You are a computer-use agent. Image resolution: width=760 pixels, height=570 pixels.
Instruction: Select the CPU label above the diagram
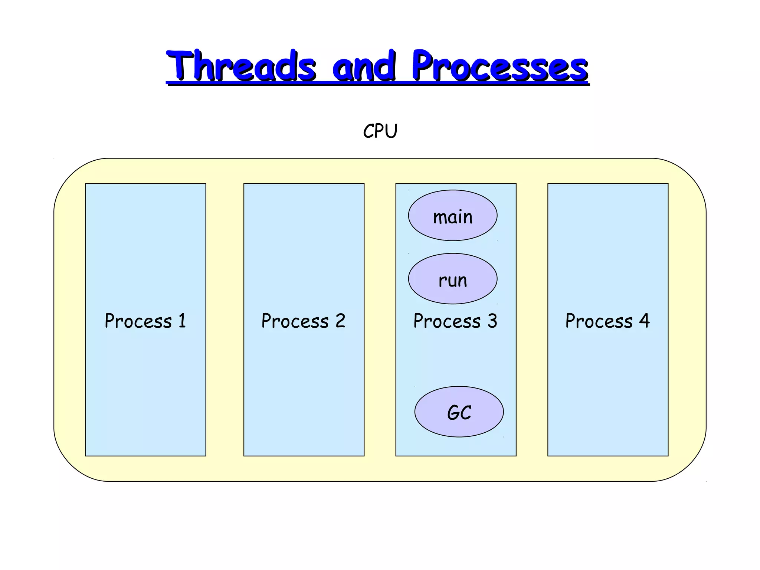pos(380,131)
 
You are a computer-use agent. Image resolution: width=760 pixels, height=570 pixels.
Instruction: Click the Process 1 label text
pos(145,321)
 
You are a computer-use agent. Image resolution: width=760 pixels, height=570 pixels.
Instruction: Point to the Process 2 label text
pos(303,321)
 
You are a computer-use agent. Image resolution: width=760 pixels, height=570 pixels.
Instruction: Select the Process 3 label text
pos(455,321)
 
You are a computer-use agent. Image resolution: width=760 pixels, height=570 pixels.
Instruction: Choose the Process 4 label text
pos(607,321)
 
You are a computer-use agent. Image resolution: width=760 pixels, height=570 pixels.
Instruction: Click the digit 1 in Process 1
pos(182,321)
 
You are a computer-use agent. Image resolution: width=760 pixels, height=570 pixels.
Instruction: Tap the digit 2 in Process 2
pos(340,321)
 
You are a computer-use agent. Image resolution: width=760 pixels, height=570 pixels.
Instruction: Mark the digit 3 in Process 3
pos(492,321)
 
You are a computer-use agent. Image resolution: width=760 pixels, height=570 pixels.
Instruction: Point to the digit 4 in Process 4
pos(645,321)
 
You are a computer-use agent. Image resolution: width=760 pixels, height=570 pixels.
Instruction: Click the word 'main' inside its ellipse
pos(453,217)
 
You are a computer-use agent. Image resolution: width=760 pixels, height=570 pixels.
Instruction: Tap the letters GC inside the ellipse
pos(459,413)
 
